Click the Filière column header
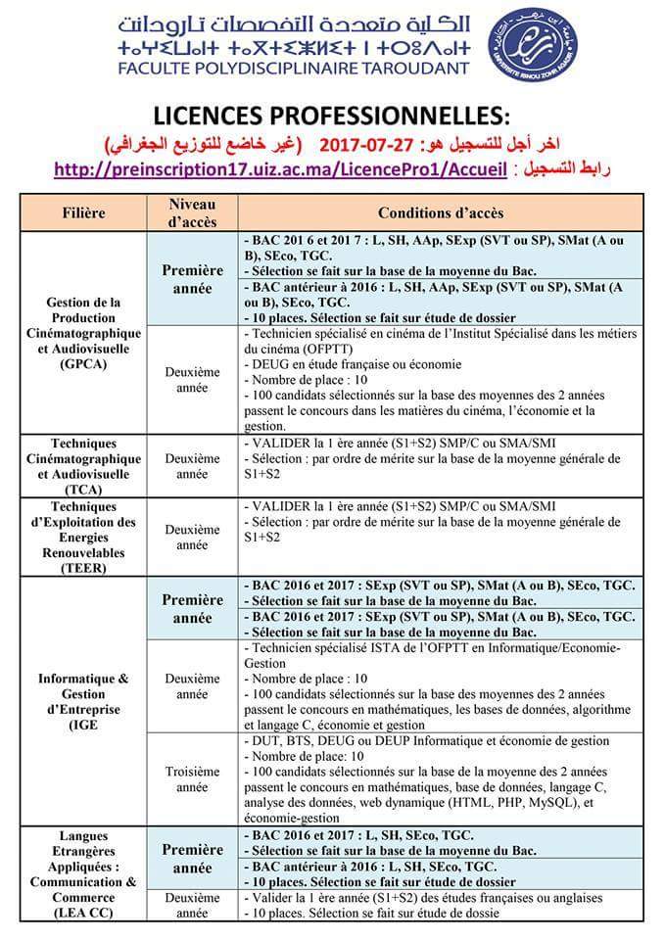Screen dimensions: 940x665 tap(84, 211)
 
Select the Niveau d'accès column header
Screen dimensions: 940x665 tap(191, 211)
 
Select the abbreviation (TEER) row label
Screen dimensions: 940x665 tap(84, 567)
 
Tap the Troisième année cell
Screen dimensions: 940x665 tap(191, 778)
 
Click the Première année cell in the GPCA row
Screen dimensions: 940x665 tap(192, 278)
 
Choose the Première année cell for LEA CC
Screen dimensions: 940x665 tap(192, 859)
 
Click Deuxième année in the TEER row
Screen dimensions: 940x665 tap(191, 537)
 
